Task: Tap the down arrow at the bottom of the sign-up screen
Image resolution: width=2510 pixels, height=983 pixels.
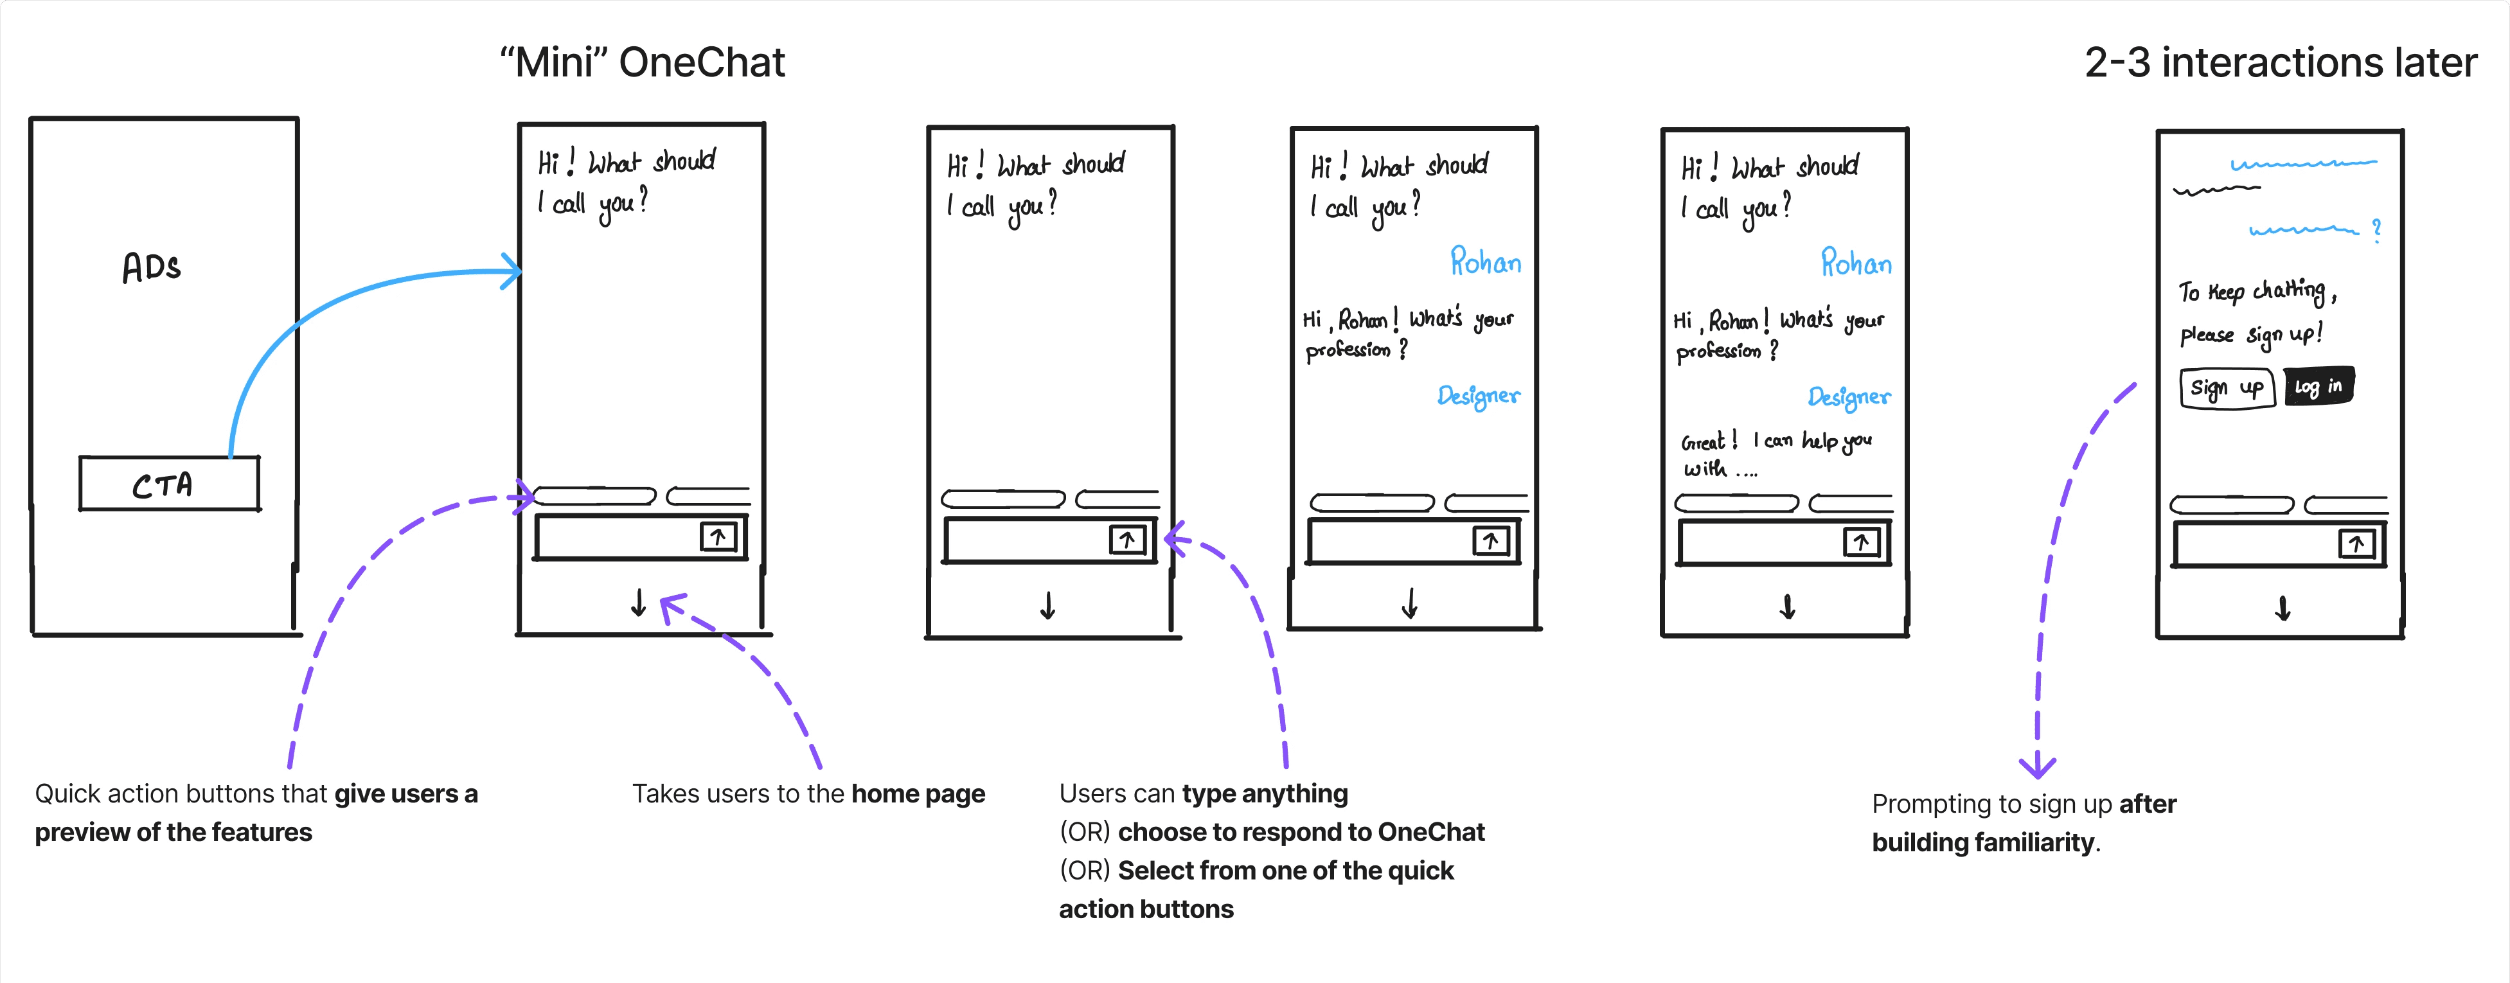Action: (2282, 609)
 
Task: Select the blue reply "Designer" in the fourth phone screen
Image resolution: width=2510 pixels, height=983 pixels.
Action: (1848, 396)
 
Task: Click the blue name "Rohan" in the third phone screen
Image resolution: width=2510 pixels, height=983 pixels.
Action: (1485, 261)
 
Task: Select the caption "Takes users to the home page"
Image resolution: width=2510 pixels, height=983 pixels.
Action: (808, 794)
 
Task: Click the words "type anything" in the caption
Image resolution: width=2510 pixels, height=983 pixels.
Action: (1265, 794)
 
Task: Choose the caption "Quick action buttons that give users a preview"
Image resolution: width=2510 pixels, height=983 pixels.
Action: (255, 813)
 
